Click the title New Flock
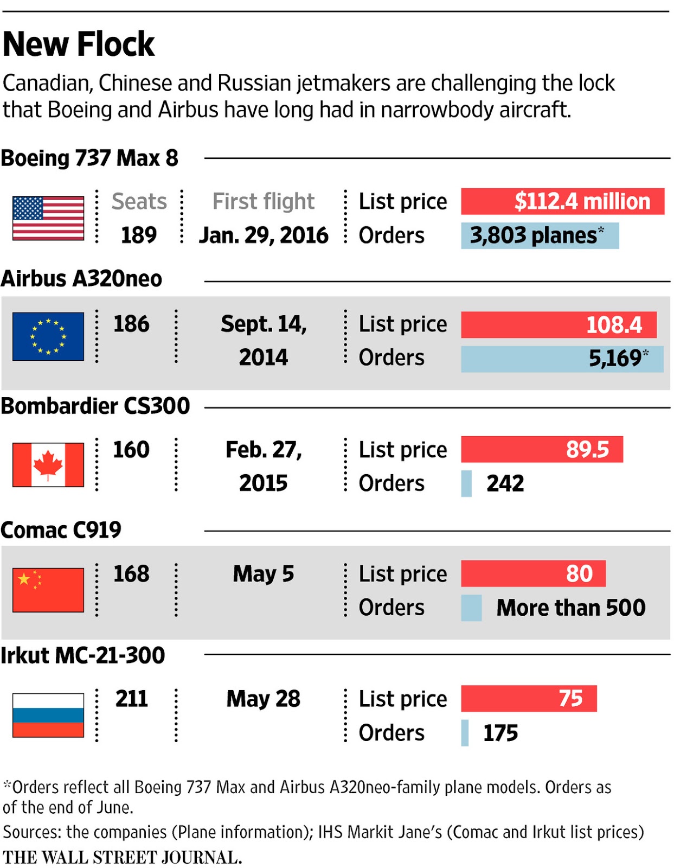click(79, 44)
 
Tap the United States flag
click(48, 218)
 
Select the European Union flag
click(48, 336)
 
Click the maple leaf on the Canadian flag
click(48, 464)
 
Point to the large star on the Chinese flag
click(24, 578)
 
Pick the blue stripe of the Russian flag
click(48, 714)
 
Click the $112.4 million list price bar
click(562, 201)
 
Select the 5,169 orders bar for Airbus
click(562, 359)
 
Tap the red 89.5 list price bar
click(542, 449)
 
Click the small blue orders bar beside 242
click(466, 483)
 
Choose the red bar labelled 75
click(529, 698)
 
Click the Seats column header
click(139, 201)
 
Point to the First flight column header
click(263, 201)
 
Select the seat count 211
click(131, 698)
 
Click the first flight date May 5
click(263, 573)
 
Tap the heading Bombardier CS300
click(95, 406)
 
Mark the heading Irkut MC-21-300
click(83, 655)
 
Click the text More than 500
click(570, 608)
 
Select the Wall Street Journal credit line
click(122, 857)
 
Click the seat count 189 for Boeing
click(138, 235)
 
